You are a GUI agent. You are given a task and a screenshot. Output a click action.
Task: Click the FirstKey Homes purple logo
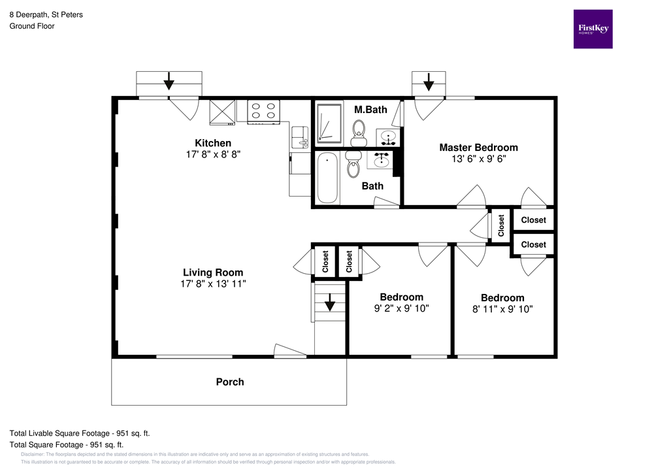pos(593,29)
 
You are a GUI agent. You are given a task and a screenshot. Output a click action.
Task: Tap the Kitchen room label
pos(213,143)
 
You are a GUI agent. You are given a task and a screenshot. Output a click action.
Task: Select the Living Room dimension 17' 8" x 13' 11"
pos(213,284)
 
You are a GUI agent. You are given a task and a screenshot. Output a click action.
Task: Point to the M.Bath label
pos(370,110)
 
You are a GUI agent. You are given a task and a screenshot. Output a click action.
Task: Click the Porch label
pos(230,382)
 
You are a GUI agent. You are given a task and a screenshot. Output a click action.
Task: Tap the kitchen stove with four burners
pos(264,111)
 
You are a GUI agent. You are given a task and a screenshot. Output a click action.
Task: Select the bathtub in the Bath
pos(327,178)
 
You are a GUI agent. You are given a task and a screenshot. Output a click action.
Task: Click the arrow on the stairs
pos(330,302)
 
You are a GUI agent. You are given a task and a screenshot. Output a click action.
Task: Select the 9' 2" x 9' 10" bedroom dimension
pos(401,308)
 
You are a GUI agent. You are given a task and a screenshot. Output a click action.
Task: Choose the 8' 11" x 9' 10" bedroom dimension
pos(502,309)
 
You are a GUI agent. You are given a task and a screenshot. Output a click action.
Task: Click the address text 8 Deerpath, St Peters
pos(46,14)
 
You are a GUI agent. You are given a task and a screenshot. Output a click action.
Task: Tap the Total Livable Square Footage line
pos(80,433)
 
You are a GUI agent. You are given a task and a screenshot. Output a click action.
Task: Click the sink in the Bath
pos(383,160)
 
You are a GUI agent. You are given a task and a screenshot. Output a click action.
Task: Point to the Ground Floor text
pos(31,26)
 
